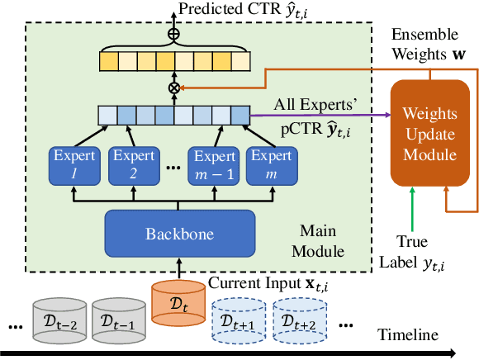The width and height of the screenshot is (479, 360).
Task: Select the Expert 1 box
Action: pos(75,165)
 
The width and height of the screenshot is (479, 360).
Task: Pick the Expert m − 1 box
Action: pos(215,165)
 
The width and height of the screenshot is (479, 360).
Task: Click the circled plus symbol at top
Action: pos(173,36)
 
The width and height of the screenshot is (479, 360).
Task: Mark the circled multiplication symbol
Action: pos(173,87)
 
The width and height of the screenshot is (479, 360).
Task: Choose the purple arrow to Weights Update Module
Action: pos(322,116)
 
